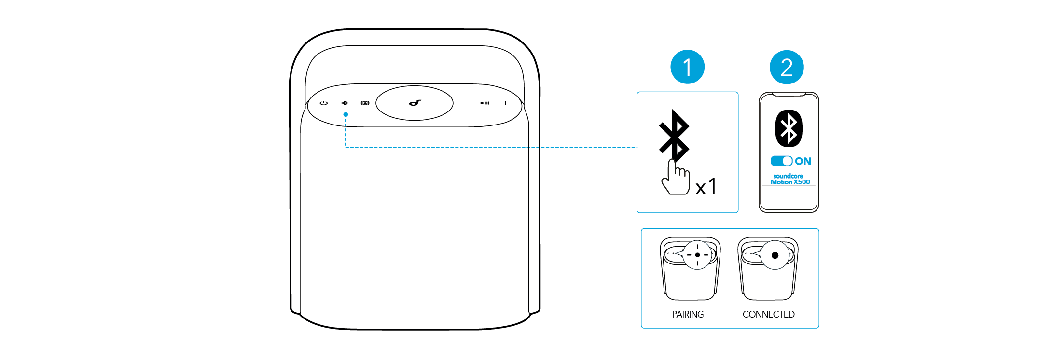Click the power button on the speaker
pos(323,103)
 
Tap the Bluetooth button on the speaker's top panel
pos(345,103)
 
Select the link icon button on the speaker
pos(365,103)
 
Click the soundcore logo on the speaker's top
pos(415,103)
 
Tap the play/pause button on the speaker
pos(484,103)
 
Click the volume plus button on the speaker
pos(505,103)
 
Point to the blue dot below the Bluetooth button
pos(346,114)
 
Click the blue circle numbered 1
pos(687,67)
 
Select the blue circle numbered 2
pos(787,67)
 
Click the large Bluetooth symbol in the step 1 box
pos(674,135)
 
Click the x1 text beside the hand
pos(706,186)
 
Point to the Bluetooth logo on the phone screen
pos(789,128)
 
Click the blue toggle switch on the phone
pos(781,161)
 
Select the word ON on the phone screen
pos(803,161)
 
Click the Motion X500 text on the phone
pos(790,182)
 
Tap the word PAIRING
pos(688,314)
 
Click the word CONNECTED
pos(768,314)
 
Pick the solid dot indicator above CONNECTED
pos(775,255)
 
